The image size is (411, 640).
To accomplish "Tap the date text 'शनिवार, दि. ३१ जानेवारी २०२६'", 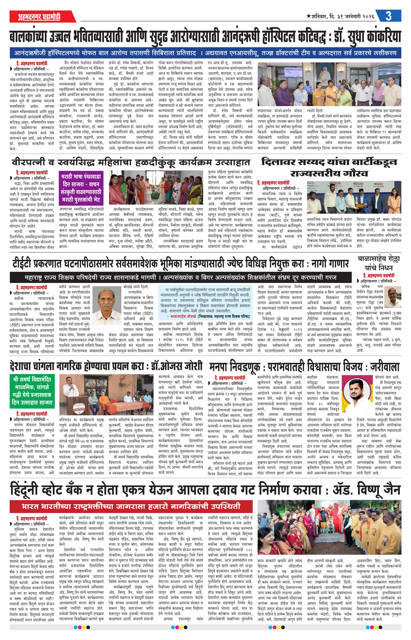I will coord(342,17).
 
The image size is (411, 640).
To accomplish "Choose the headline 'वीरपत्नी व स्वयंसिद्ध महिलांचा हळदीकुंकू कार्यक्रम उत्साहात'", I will coord(131,162).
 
